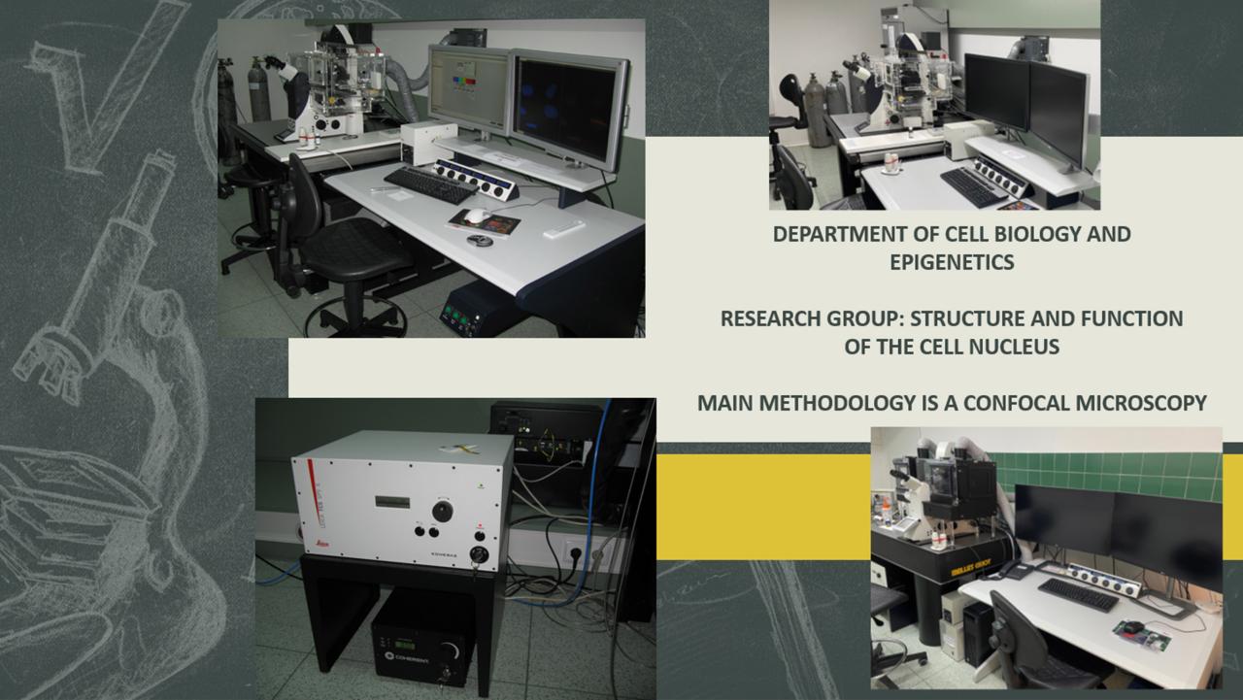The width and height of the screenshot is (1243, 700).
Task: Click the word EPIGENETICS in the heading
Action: [x=953, y=262]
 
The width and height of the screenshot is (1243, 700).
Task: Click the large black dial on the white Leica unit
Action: [x=442, y=512]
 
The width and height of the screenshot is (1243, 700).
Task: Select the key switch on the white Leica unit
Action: [x=477, y=554]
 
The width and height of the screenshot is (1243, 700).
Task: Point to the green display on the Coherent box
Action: [x=405, y=644]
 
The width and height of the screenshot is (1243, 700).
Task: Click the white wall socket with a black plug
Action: [x=576, y=551]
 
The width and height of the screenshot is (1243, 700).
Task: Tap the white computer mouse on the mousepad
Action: [x=476, y=216]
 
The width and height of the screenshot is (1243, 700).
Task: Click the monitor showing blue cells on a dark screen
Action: [x=570, y=110]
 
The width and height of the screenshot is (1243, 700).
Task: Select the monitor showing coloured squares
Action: [x=469, y=90]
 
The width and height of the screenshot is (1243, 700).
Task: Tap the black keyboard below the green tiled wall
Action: [x=1078, y=594]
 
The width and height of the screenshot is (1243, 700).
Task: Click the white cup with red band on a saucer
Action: [x=891, y=163]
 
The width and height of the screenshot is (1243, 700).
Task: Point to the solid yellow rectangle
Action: [x=763, y=507]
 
